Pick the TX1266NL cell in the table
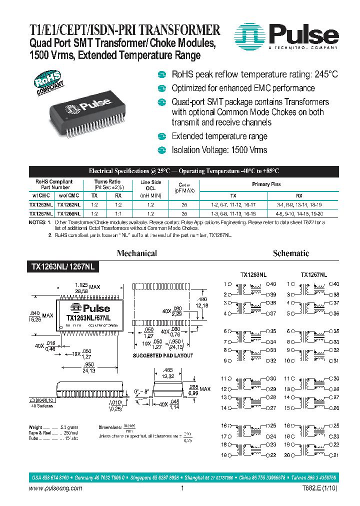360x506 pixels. point(68,212)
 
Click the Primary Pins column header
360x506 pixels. point(265,184)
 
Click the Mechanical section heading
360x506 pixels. point(136,253)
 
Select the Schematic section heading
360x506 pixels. point(291,253)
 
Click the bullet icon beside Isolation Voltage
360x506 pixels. point(161,150)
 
